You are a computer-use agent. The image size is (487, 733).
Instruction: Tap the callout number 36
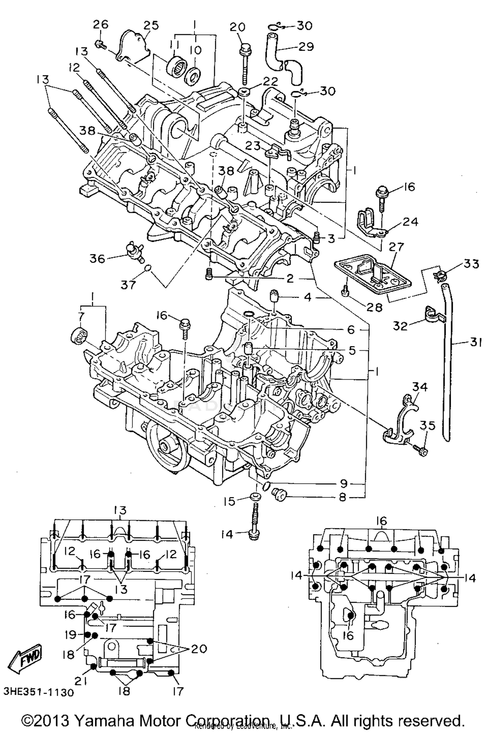(97, 259)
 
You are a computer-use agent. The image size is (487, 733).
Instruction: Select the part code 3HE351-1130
(38, 692)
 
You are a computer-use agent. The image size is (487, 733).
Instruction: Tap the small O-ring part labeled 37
(148, 268)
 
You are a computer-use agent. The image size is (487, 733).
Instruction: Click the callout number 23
(253, 146)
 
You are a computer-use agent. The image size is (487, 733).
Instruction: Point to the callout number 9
(343, 483)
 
